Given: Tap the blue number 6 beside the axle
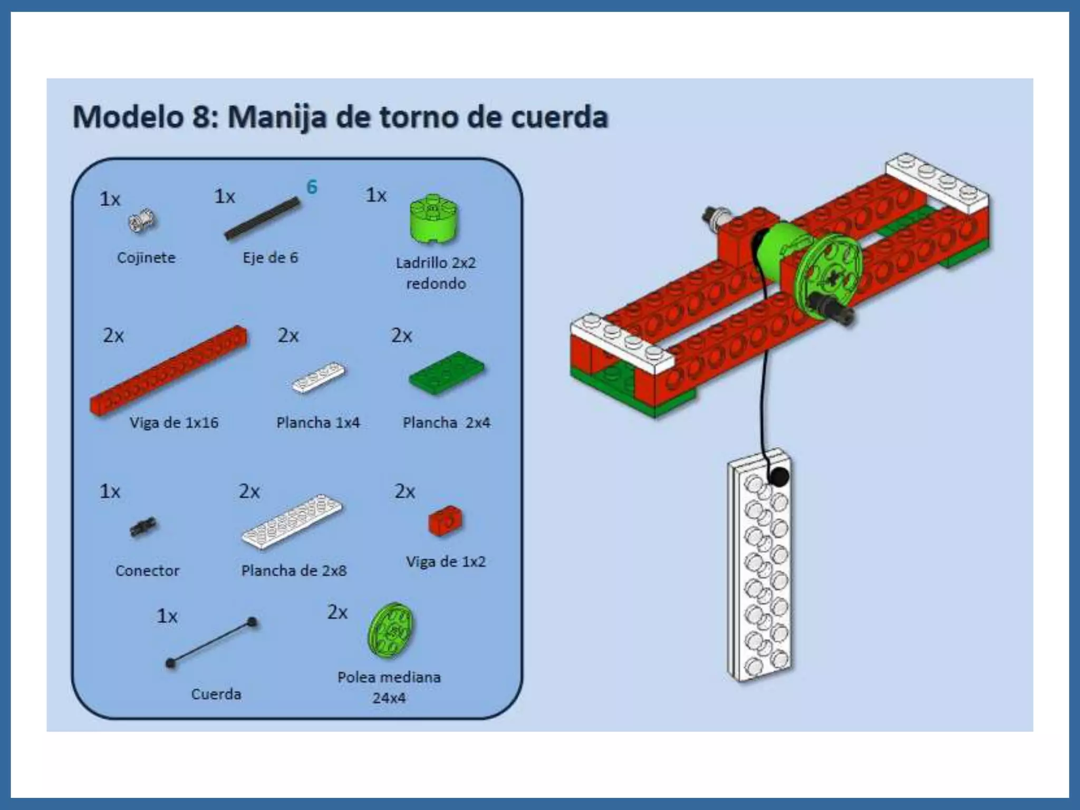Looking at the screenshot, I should (312, 187).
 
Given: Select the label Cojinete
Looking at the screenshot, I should (146, 258).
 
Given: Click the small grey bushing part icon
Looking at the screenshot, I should (142, 221).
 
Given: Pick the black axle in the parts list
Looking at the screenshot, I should (262, 219).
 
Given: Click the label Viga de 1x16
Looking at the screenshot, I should (174, 422).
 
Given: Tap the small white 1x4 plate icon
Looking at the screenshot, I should (318, 377).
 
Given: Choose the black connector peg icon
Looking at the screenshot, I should (143, 527).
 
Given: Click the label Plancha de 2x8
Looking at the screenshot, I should (294, 571).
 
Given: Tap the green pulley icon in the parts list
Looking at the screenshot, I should (391, 630).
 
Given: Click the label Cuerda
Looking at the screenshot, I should (216, 694).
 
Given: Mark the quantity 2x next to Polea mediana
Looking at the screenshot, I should (337, 612).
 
